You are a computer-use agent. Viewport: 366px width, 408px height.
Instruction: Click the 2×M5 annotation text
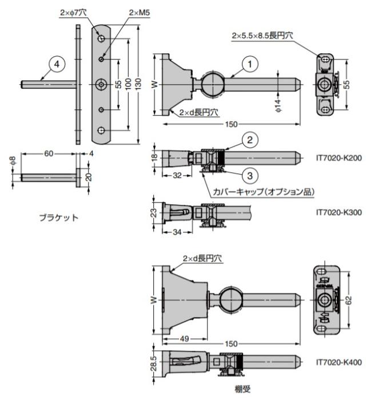pos(138,12)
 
